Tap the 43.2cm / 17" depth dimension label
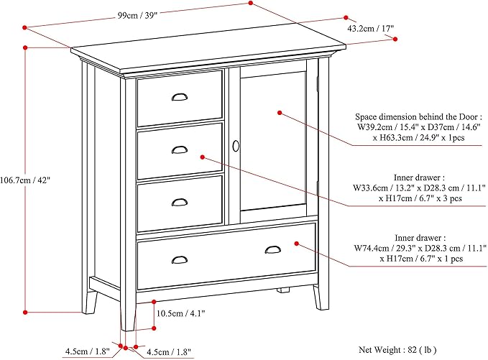[370, 29]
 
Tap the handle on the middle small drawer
[179, 149]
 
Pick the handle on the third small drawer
[179, 202]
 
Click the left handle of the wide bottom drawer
[179, 259]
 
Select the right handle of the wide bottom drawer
[273, 249]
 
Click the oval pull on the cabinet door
[235, 146]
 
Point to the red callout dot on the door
[280, 113]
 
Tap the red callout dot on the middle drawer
[203, 156]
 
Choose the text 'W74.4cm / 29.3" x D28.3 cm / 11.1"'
[420, 248]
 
